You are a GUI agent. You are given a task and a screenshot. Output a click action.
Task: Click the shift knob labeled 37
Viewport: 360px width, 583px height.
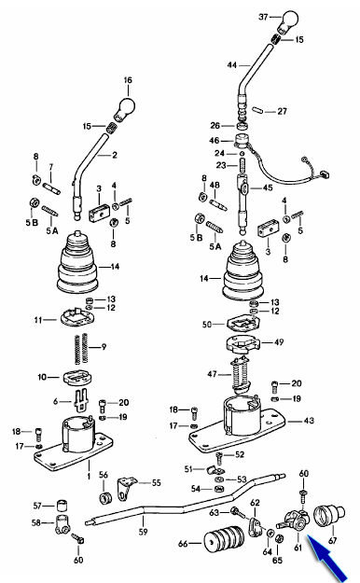point(287,22)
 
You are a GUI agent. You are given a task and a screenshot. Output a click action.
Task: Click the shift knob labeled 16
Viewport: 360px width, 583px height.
point(125,108)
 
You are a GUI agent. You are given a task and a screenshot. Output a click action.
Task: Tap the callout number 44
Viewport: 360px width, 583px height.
point(231,65)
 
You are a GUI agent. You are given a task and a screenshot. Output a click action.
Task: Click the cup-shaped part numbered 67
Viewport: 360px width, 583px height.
point(329,516)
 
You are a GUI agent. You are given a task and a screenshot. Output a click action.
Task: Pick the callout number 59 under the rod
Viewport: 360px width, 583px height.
point(144,532)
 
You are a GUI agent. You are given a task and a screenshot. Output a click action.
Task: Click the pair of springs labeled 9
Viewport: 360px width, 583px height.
point(82,348)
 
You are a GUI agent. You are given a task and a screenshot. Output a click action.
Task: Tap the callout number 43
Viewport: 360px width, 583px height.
point(309,421)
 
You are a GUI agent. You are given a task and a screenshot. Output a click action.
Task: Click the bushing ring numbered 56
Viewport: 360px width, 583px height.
point(106,497)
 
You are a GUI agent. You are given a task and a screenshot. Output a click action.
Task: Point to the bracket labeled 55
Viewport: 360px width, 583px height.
point(125,488)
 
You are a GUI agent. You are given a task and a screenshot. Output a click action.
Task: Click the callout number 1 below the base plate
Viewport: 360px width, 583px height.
point(89,477)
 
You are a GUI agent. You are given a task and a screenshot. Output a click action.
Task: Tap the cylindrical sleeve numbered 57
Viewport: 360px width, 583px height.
point(62,506)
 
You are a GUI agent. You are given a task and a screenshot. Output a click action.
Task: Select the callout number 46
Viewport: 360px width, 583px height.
point(215,141)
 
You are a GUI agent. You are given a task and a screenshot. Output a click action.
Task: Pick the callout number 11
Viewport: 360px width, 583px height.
point(38,320)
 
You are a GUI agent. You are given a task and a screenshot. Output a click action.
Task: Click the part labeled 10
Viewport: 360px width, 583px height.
point(77,378)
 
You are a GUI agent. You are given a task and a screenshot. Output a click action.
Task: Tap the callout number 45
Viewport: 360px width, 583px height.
point(268,187)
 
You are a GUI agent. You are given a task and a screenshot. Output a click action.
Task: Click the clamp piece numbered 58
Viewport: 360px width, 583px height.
point(62,524)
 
